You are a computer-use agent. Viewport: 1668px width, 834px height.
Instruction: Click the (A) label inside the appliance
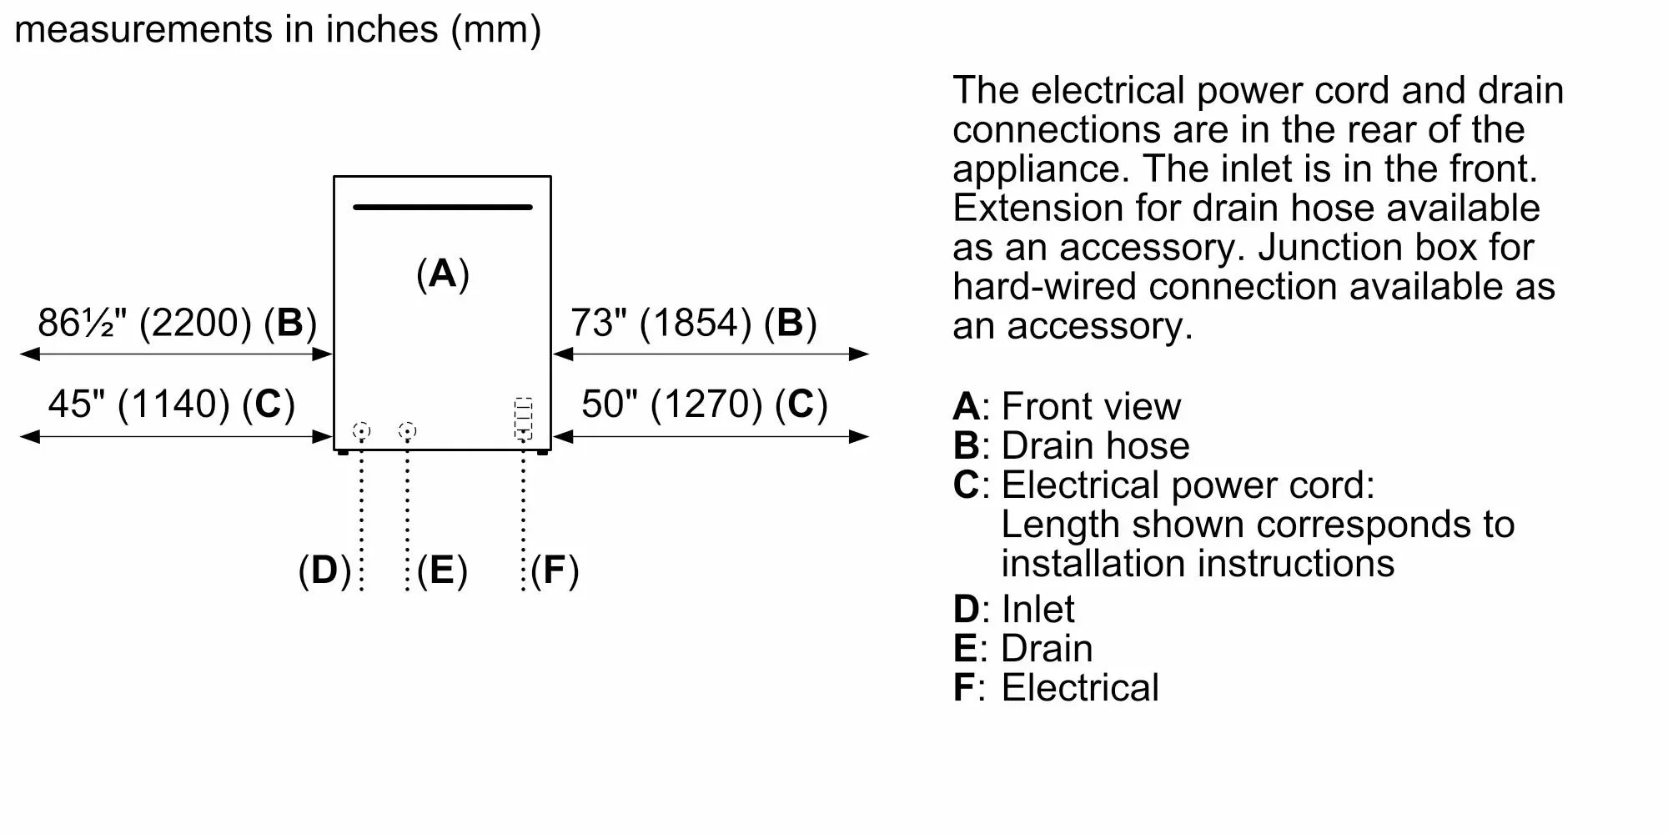pyautogui.click(x=442, y=274)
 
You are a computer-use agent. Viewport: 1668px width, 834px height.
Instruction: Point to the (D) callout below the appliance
pyautogui.click(x=324, y=570)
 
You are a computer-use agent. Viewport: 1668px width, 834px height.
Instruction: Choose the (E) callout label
pyautogui.click(x=442, y=570)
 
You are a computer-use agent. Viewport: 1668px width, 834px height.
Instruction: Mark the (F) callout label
pyautogui.click(x=555, y=570)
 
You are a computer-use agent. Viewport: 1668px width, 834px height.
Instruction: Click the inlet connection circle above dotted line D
pyautogui.click(x=361, y=431)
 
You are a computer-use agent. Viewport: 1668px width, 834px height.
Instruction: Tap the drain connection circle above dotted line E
pyautogui.click(x=407, y=431)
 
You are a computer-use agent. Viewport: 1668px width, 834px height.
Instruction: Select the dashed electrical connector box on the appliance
pyautogui.click(x=523, y=419)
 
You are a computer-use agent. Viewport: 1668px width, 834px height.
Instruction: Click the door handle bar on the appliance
pyautogui.click(x=442, y=207)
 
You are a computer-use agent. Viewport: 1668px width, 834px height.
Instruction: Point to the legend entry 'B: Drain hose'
pyautogui.click(x=1071, y=445)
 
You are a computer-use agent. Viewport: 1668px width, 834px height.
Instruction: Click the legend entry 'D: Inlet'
pyautogui.click(x=1013, y=609)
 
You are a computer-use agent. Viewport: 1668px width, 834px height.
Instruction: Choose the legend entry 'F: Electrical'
pyautogui.click(x=1056, y=688)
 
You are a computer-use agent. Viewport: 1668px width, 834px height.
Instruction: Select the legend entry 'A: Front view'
pyautogui.click(x=1067, y=406)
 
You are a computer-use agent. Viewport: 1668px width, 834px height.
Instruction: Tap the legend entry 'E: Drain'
pyautogui.click(x=1022, y=649)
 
